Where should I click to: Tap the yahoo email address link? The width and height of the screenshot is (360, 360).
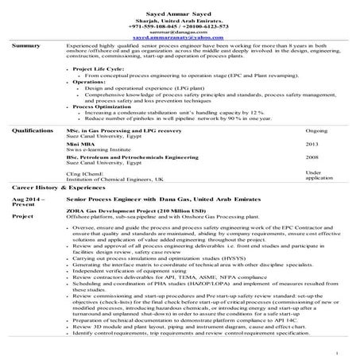tap(180, 37)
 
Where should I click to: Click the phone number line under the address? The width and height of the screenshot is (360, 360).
tap(180, 24)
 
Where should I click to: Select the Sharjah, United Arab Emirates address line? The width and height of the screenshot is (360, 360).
tap(180, 17)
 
